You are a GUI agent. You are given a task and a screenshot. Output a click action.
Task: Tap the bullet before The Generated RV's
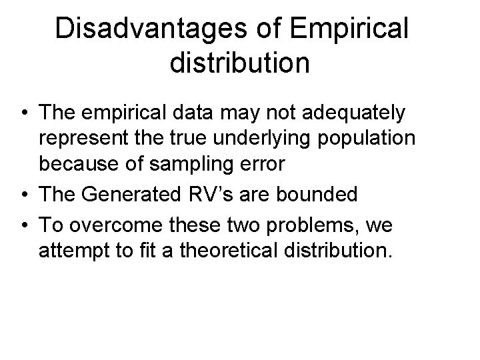(x=24, y=195)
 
